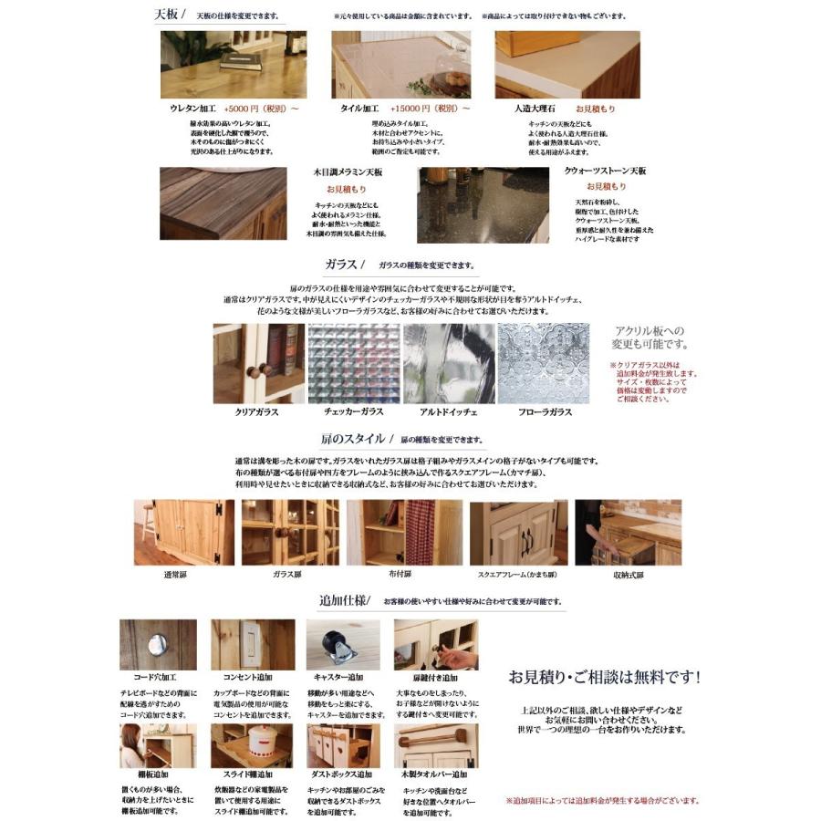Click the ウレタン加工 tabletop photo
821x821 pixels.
coord(234,65)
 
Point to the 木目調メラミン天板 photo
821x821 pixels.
coord(223,203)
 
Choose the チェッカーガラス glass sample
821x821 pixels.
coord(354,363)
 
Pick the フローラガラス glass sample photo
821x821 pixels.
coord(544,363)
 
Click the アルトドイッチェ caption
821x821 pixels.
coord(449,412)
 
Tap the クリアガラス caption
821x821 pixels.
coord(258,412)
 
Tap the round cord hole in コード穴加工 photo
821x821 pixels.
coord(156,643)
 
